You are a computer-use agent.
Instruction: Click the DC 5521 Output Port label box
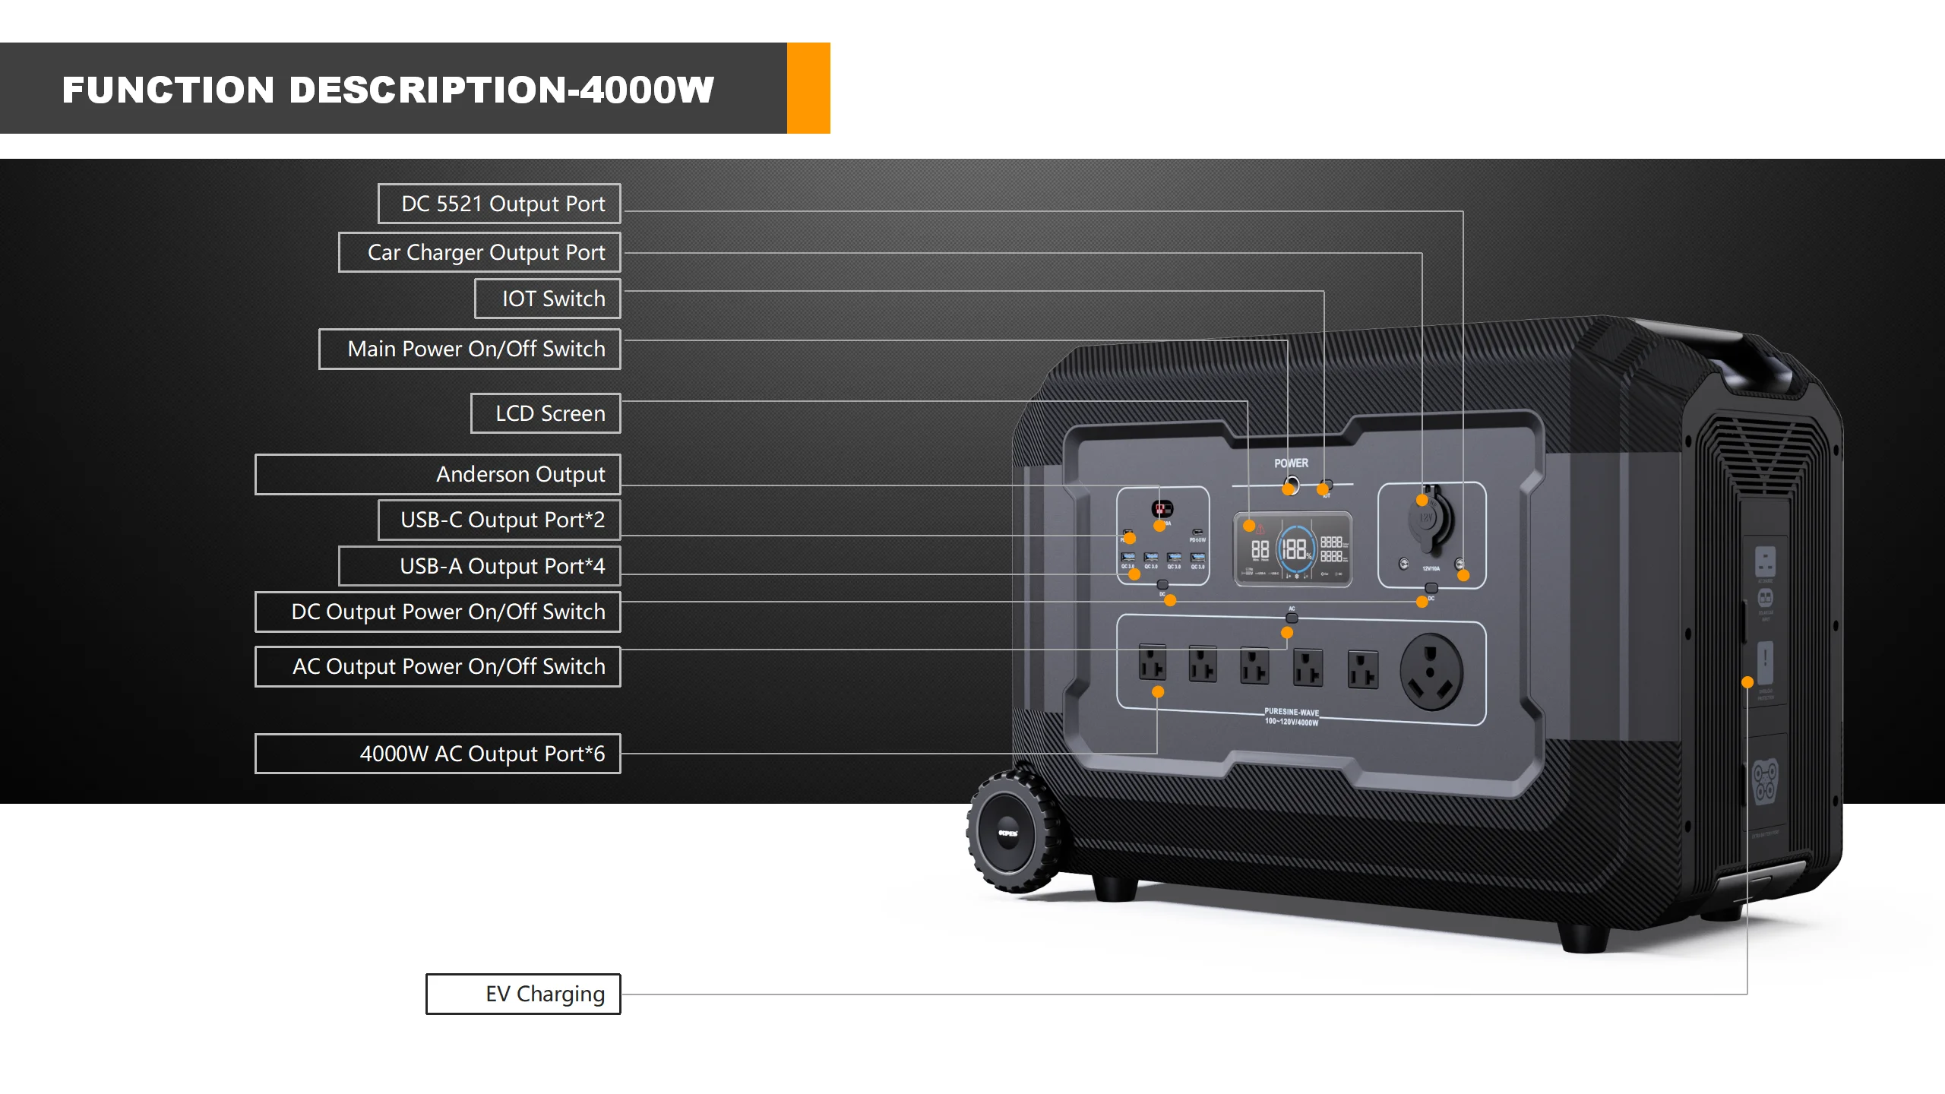click(x=499, y=204)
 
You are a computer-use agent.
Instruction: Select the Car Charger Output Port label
click(x=479, y=252)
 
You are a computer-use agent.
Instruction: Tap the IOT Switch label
click(x=547, y=299)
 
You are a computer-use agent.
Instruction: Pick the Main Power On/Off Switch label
click(x=470, y=349)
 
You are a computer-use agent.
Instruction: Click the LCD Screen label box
click(x=546, y=413)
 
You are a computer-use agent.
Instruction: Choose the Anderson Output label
click(x=438, y=474)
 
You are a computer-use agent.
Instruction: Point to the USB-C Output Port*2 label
click(x=499, y=520)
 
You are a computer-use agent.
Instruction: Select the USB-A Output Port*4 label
click(x=479, y=566)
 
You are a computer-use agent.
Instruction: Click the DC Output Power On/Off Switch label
click(x=438, y=612)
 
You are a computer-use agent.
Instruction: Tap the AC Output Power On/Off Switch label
click(x=438, y=666)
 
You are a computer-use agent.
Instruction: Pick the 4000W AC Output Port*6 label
click(x=438, y=754)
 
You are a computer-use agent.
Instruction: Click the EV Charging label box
click(x=523, y=994)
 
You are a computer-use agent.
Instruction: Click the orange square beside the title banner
click(x=808, y=88)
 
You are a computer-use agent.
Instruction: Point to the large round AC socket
click(x=1431, y=672)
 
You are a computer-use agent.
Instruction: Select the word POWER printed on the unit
click(x=1291, y=463)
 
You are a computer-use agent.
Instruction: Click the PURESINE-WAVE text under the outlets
click(x=1292, y=713)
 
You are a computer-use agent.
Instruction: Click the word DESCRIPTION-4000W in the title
click(x=501, y=90)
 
